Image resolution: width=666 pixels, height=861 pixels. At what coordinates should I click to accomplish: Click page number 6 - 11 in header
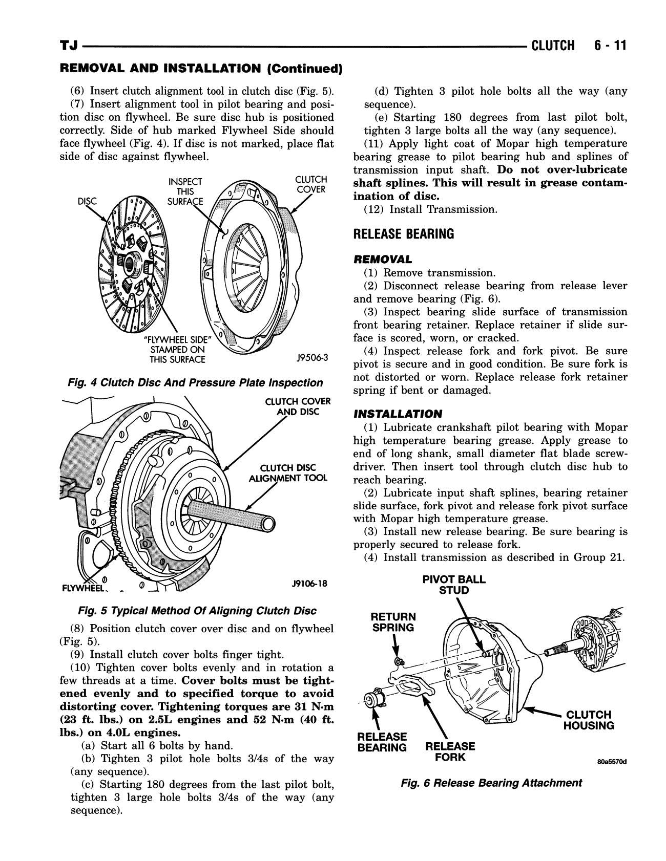[x=610, y=46]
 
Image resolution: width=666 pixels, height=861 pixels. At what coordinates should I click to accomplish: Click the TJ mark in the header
[x=69, y=47]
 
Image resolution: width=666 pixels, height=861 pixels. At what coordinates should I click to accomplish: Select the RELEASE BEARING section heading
[x=404, y=234]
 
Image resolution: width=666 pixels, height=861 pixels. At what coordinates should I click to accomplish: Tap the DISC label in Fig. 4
[x=87, y=201]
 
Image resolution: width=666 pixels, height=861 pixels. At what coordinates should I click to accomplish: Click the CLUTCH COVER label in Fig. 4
[x=311, y=184]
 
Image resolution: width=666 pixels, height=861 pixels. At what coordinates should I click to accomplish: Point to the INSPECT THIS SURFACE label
[x=185, y=191]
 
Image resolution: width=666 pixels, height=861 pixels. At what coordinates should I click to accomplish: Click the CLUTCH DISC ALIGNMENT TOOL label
[x=287, y=473]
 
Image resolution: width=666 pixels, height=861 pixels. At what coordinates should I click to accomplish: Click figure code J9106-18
[x=309, y=584]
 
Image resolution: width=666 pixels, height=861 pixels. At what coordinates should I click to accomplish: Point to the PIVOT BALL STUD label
[x=454, y=585]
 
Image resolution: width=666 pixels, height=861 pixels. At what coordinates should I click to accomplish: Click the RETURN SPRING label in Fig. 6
[x=393, y=622]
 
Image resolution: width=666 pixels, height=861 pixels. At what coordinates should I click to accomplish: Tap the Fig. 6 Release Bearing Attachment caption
[x=491, y=783]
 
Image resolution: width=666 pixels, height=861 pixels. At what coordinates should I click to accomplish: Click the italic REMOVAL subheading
[x=382, y=260]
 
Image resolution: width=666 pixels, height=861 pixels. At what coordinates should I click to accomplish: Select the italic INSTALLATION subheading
[x=397, y=414]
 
